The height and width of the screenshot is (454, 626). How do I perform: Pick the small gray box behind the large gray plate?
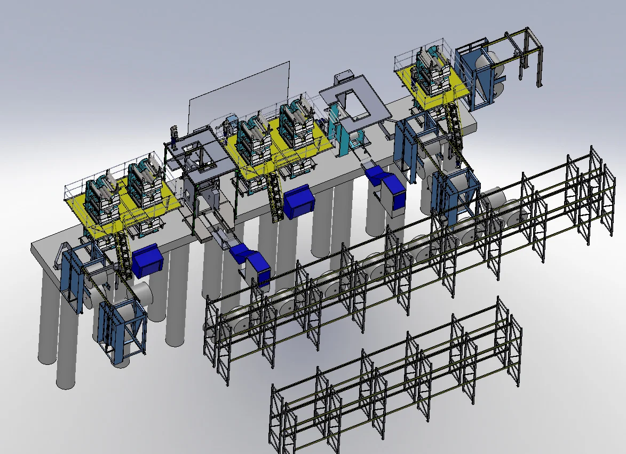tap(342, 79)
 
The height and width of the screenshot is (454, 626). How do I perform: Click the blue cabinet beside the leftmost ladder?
tap(147, 260)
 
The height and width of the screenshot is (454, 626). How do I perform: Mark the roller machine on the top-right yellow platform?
tap(431, 72)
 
